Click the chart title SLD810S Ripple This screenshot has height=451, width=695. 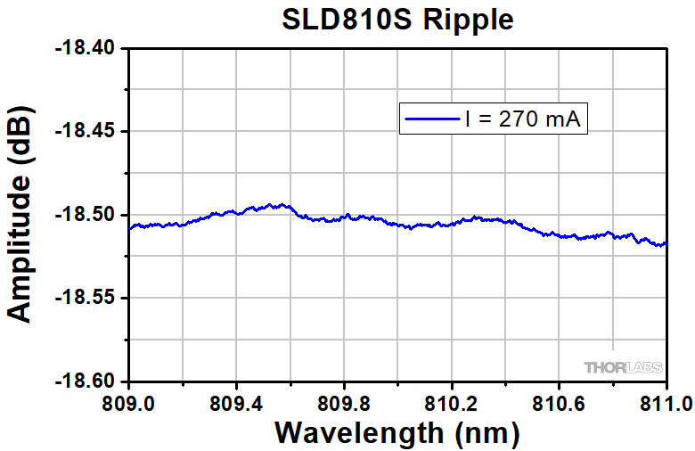click(397, 19)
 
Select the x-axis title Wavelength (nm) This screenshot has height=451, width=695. click(397, 433)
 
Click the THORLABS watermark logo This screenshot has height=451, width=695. click(621, 367)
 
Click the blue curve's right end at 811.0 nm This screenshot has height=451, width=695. click(665, 243)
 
